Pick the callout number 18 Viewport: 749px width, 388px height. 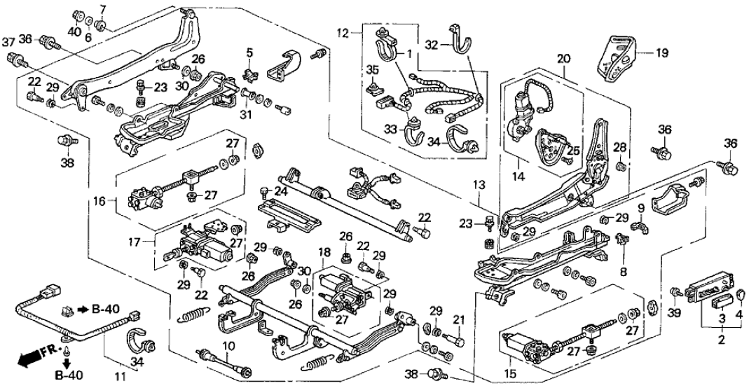[x=324, y=251]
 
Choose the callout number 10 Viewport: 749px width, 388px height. [x=226, y=345]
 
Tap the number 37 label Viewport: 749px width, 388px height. [x=9, y=43]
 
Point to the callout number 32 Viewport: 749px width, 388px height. [x=434, y=43]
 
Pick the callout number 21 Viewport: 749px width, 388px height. [x=459, y=321]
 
